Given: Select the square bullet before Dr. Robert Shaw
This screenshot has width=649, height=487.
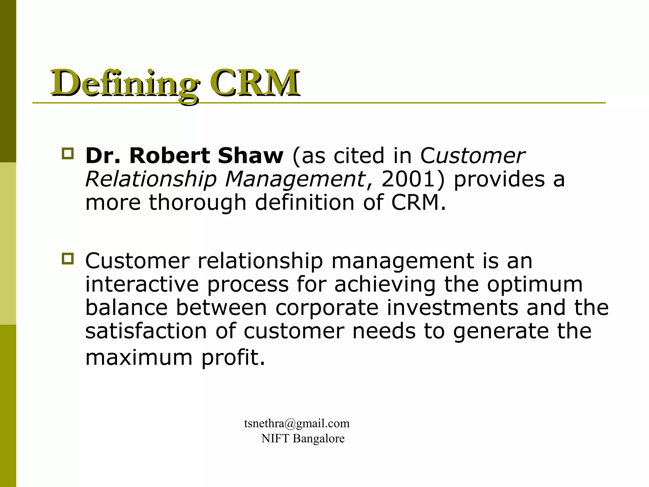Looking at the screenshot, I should (x=68, y=154).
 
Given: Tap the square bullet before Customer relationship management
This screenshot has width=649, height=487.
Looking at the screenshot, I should (x=68, y=259).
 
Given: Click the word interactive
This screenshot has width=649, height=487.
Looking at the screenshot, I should (x=142, y=284).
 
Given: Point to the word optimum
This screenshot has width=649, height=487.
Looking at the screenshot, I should (x=535, y=285).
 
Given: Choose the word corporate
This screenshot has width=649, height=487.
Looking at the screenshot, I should (x=327, y=308).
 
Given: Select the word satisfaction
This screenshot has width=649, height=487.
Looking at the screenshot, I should (x=146, y=331).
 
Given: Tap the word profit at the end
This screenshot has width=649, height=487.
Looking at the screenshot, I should (x=233, y=358).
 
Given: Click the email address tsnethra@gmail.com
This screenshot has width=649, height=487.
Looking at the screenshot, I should (x=297, y=424).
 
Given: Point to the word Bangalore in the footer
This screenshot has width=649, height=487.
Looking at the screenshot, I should (x=318, y=439).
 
